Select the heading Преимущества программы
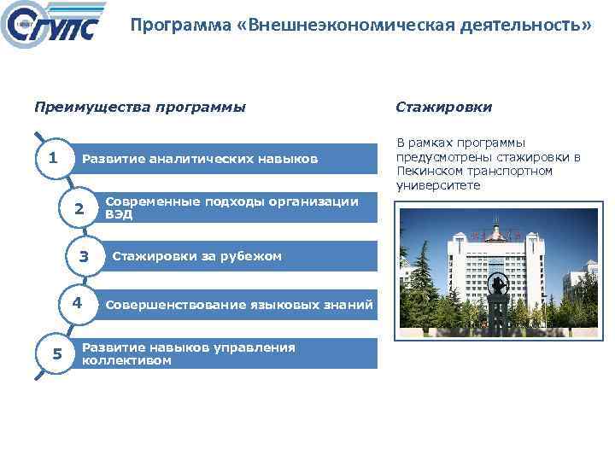139,108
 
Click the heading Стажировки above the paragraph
443,108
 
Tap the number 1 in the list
53,158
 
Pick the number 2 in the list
79,208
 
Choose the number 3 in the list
84,256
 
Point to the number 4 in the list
76,303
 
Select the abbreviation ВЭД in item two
119,215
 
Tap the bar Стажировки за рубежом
196,256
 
